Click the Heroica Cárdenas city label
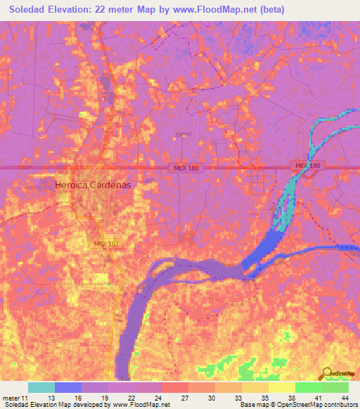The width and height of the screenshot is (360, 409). [93, 185]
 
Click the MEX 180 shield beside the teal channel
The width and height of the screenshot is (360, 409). [307, 166]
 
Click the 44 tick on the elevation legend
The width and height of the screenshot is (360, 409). [345, 397]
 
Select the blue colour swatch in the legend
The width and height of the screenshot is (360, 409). [68, 387]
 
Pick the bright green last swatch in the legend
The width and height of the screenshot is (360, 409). [335, 387]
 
